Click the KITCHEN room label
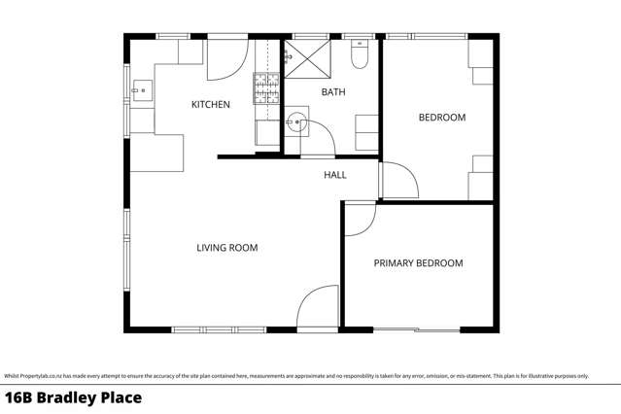210,104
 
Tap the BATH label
333,92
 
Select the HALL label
335,175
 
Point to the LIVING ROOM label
227,248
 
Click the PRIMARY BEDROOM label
419,263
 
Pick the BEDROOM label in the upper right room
442,118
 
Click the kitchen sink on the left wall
140,92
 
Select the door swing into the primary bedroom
358,220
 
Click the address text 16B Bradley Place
74,397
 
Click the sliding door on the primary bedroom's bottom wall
419,330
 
